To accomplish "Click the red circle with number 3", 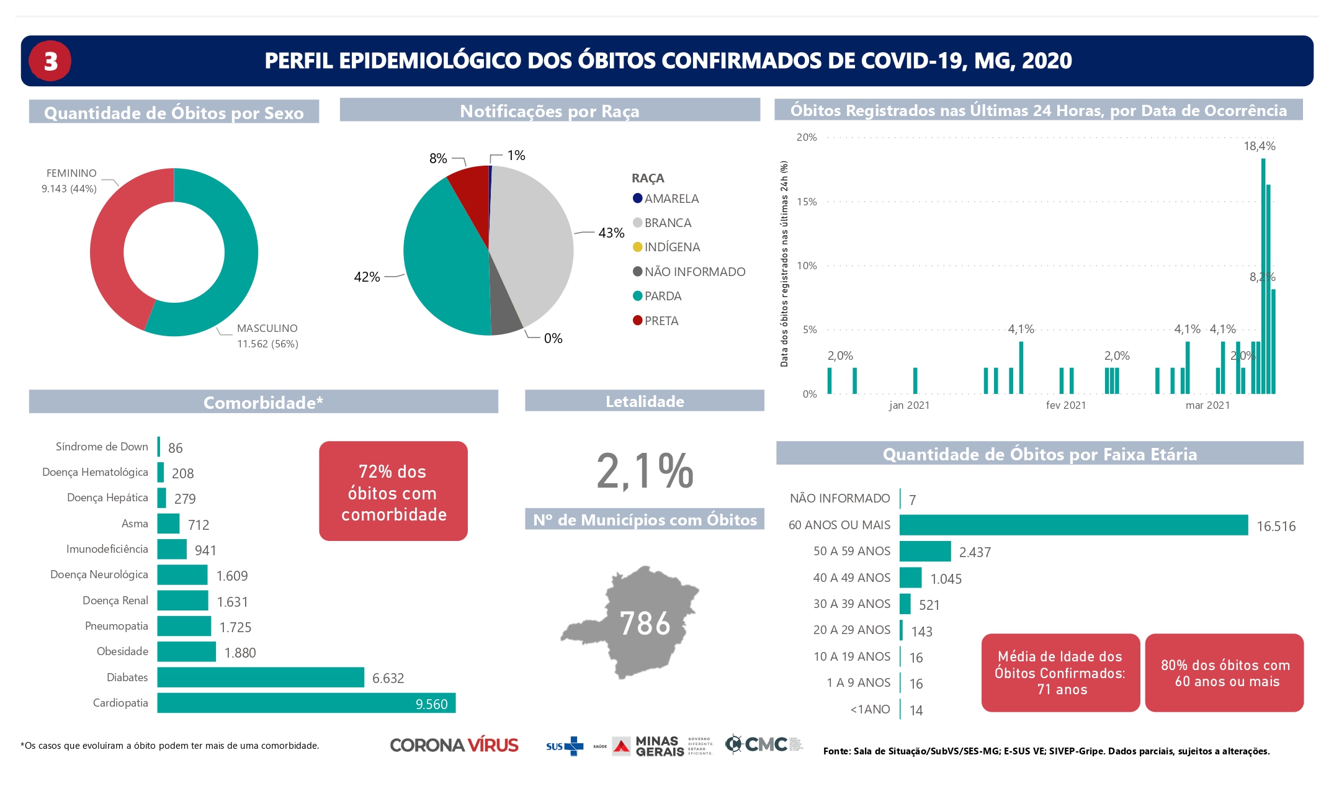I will tap(50, 61).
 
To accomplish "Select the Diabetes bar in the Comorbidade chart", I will tap(260, 677).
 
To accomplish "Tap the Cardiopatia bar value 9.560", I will tap(431, 704).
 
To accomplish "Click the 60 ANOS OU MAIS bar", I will tap(1073, 525).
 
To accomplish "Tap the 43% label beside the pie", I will tap(611, 233).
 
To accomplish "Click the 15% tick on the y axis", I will tap(807, 202).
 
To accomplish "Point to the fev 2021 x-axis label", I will tap(1065, 405).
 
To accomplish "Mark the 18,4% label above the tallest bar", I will tap(1259, 146).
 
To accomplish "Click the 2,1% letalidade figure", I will tap(645, 470).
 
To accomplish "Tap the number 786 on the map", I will tap(645, 623).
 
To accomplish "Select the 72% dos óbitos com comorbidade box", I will tap(393, 491).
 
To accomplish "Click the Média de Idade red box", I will tap(1060, 673).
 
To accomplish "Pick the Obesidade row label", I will tap(122, 651).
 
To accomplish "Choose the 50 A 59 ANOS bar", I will tap(924, 551).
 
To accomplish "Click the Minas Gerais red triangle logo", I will tap(621, 746).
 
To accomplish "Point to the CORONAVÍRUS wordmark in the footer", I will tap(454, 745).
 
